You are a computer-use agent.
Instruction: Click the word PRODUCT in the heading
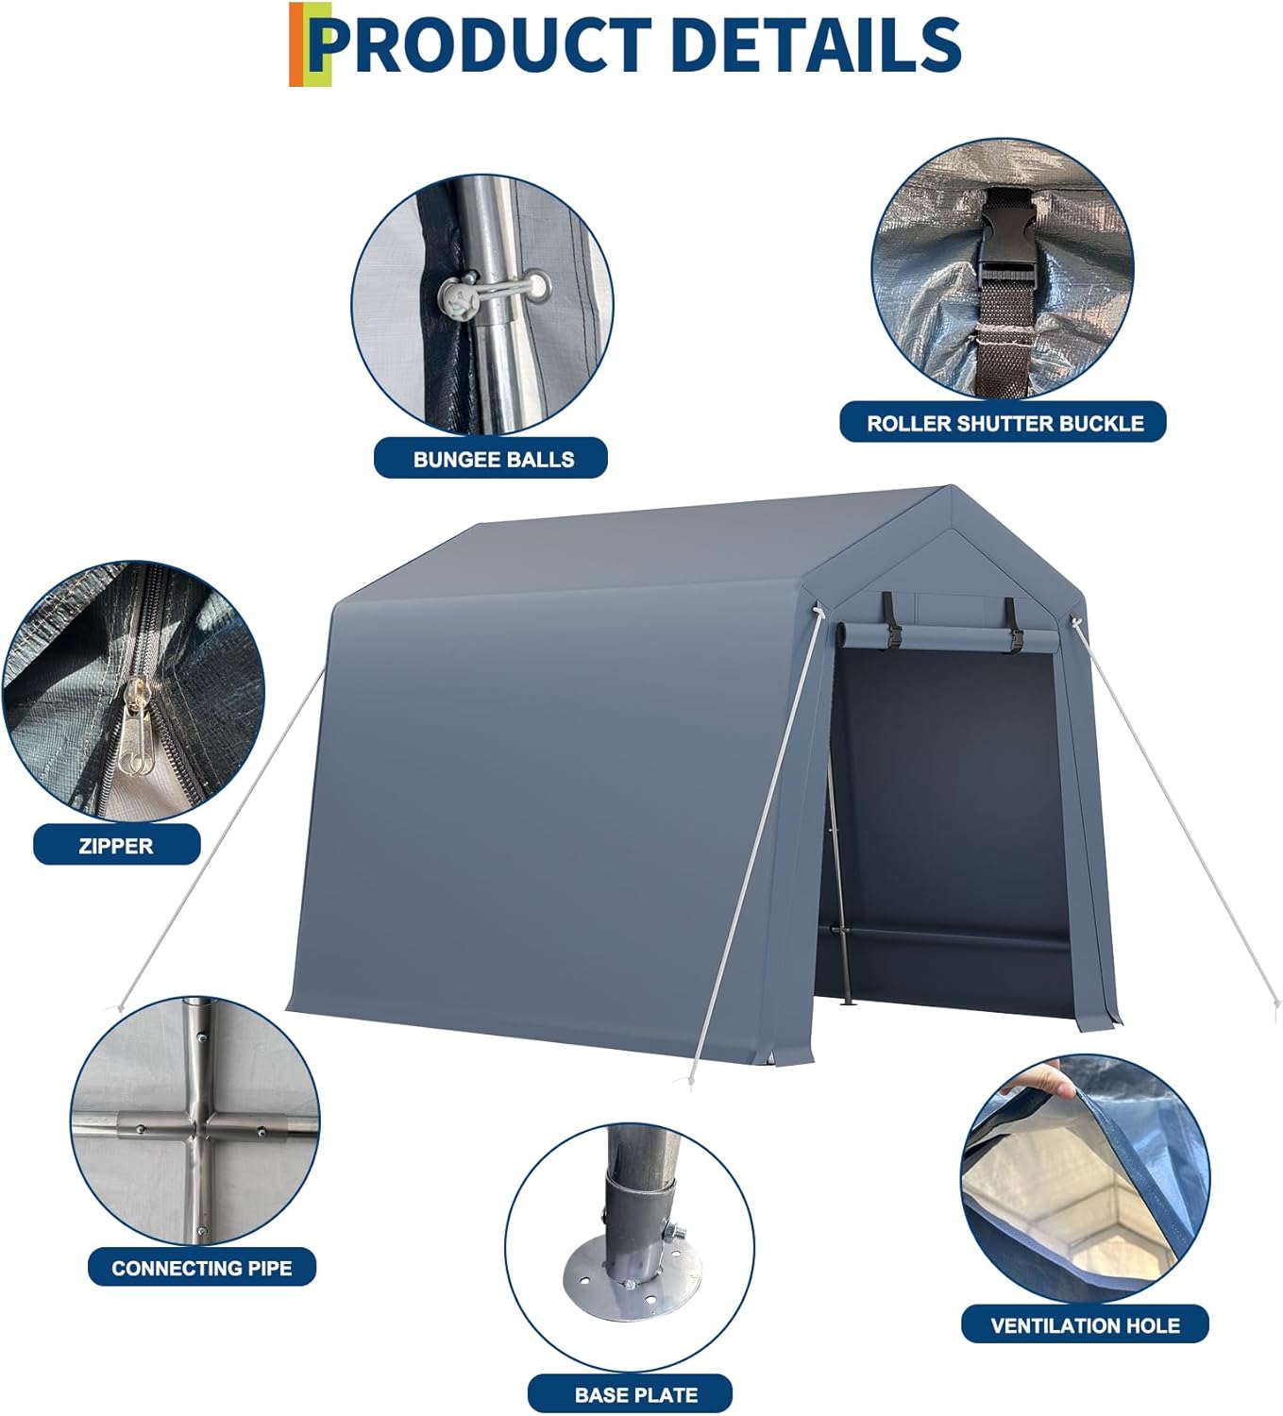pos(481,45)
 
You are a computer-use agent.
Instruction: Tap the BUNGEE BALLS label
pos(492,459)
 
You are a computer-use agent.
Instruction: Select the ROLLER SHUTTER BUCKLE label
pos(1004,423)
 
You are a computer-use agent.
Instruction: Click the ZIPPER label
pos(116,845)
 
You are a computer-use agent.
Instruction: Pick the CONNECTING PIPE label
pos(202,1268)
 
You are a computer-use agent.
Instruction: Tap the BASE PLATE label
pos(635,1394)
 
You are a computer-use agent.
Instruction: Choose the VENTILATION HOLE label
pos(1085,1324)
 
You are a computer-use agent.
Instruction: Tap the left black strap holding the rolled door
pos(891,619)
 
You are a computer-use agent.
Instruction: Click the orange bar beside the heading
pos(296,44)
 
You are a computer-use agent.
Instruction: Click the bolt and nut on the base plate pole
pos(674,1232)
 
